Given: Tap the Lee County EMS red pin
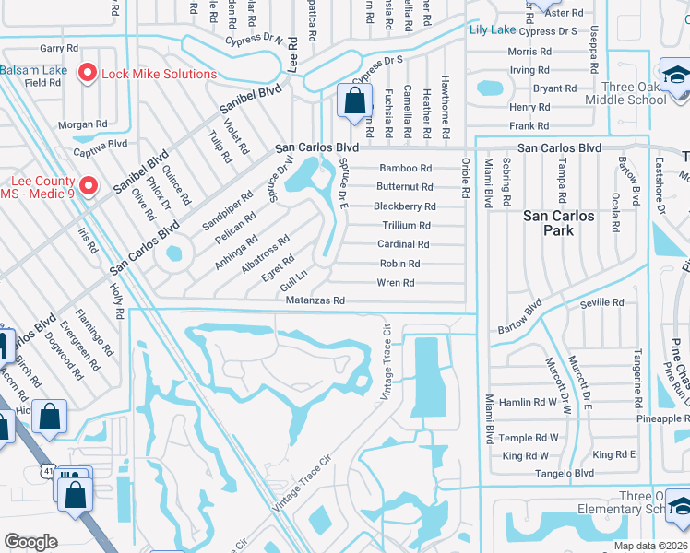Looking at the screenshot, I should (89, 185).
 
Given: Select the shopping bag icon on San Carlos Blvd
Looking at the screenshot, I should (354, 102).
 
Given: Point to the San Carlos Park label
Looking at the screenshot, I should (561, 223).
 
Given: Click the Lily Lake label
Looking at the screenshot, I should (493, 30).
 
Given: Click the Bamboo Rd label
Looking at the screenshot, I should (405, 169).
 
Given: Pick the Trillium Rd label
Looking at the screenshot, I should (406, 226).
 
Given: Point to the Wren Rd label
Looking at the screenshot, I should (397, 283).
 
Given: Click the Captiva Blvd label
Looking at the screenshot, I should (105, 144).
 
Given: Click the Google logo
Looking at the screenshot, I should (30, 542).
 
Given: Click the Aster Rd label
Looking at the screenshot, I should (565, 13).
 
